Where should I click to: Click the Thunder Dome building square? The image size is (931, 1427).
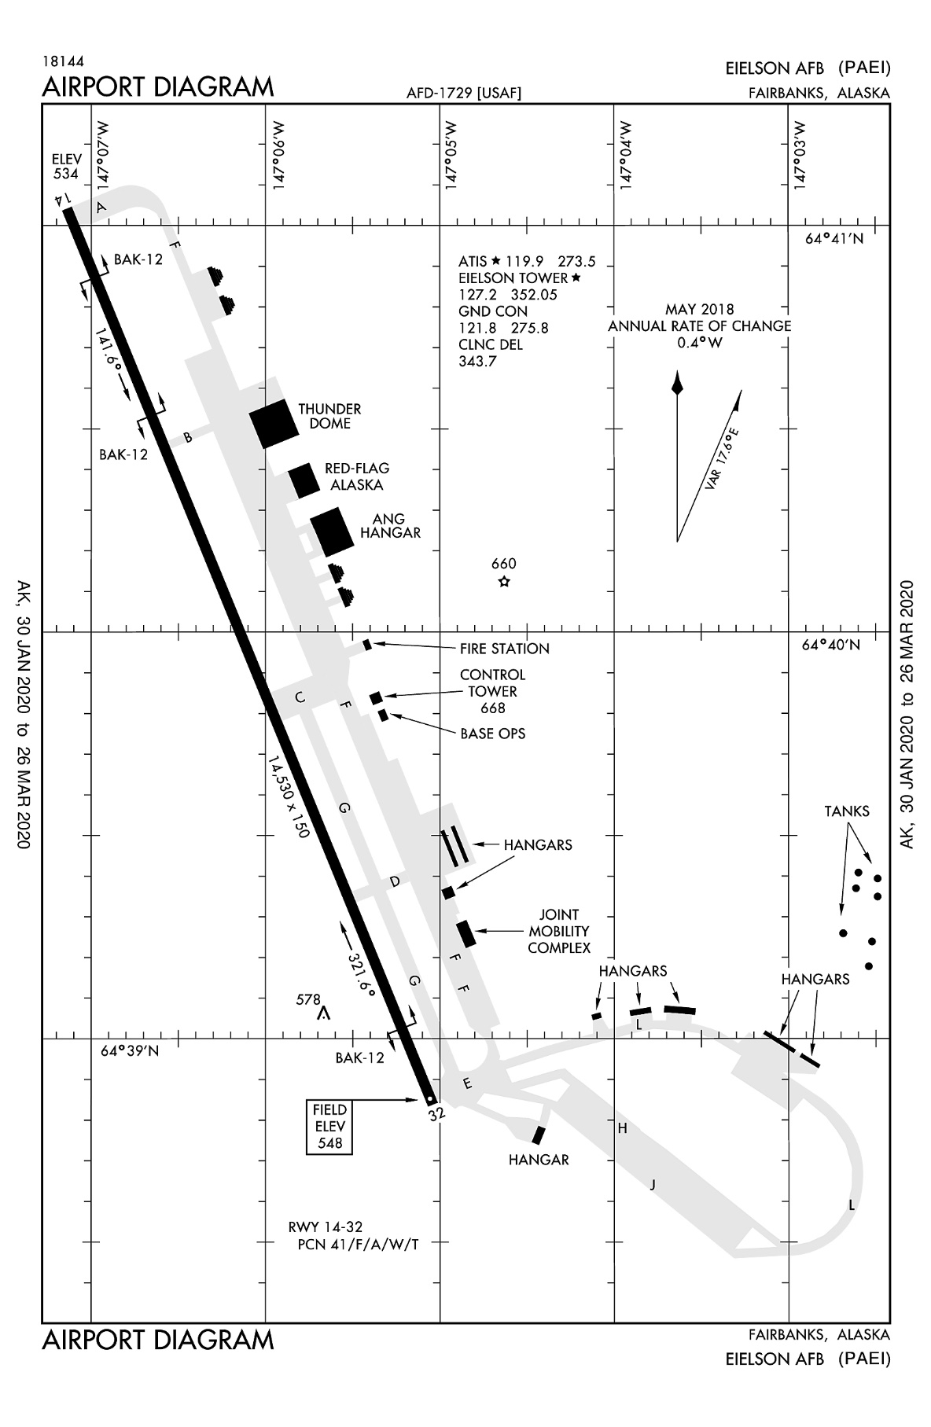point(274,424)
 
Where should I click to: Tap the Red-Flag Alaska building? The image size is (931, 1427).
point(304,480)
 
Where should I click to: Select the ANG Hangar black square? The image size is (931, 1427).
point(332,532)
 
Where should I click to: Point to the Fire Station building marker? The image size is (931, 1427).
point(367,645)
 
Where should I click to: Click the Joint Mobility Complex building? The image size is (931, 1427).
point(466,932)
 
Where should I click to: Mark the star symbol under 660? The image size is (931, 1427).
point(504,582)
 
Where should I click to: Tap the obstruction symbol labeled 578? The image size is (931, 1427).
point(322,1014)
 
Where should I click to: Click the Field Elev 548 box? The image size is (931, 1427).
point(329,1126)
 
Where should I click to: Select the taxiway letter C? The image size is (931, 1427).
point(299,697)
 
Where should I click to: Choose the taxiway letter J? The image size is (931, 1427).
point(652,1185)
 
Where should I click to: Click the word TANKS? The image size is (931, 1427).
point(847,811)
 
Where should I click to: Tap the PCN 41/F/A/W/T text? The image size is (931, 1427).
point(358,1245)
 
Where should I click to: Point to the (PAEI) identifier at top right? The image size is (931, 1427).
point(863,68)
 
